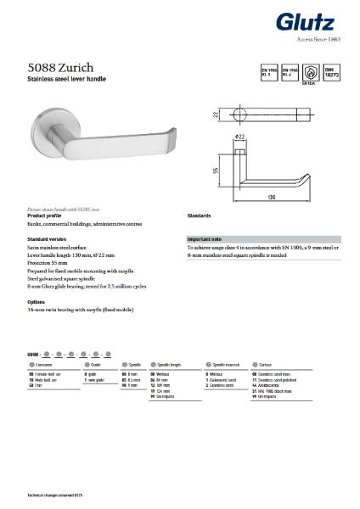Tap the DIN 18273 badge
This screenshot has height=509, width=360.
tap(334, 74)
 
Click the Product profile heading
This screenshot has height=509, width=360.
tap(45, 215)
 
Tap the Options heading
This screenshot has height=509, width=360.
tap(37, 301)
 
